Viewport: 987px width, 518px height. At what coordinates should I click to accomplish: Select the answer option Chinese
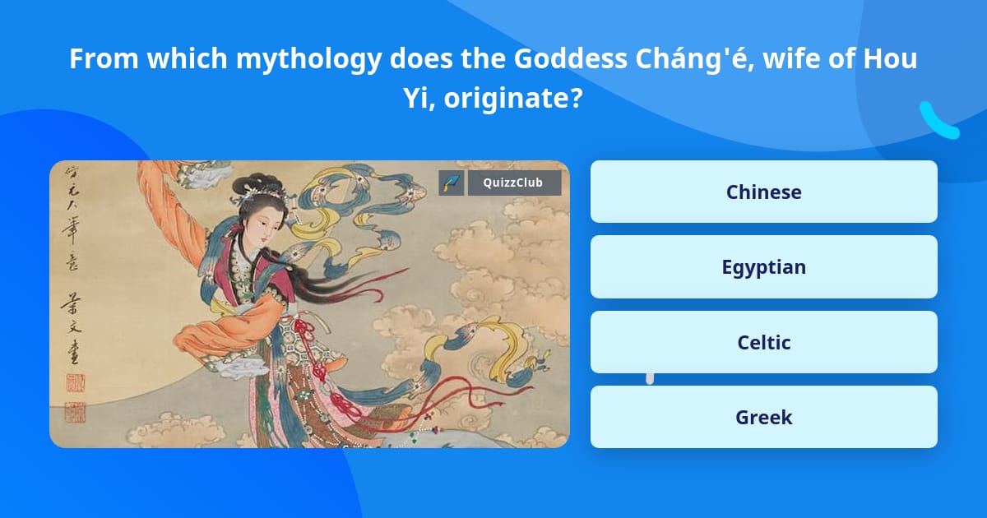(x=763, y=192)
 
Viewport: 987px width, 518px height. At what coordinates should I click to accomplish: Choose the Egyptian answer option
(x=763, y=267)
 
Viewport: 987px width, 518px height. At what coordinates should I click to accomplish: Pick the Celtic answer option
(x=763, y=342)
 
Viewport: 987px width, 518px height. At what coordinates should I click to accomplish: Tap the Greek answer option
(x=763, y=418)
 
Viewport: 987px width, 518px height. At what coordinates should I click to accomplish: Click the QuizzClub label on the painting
(x=514, y=183)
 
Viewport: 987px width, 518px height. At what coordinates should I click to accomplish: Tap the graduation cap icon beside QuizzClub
(x=452, y=183)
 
